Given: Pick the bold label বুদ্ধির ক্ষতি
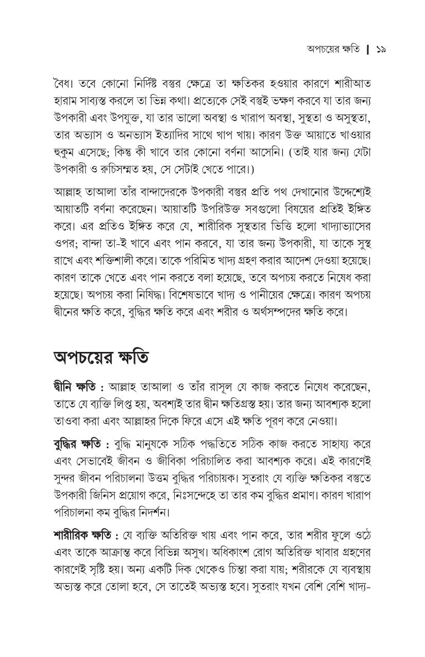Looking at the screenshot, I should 78,444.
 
